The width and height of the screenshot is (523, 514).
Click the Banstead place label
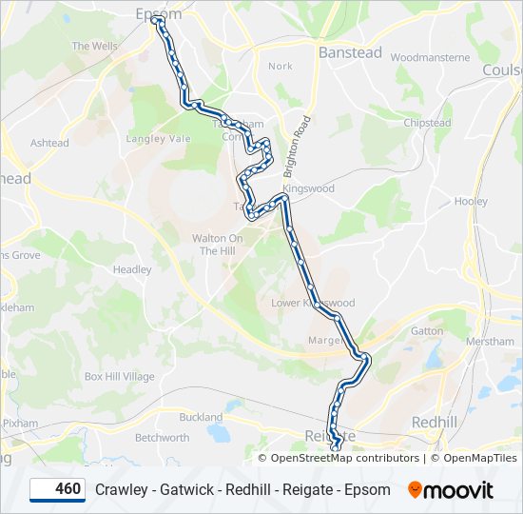point(350,52)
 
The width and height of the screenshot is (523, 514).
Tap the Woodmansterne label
point(430,57)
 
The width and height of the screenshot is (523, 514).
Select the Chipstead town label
point(427,123)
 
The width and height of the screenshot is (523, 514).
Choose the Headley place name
point(132,269)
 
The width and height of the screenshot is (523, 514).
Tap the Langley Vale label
point(159,139)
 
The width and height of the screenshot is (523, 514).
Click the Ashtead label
point(49,144)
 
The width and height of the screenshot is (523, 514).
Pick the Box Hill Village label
point(119,377)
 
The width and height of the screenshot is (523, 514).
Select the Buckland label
point(201,417)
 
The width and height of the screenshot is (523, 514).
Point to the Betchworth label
point(162,438)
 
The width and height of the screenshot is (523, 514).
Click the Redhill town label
point(436,422)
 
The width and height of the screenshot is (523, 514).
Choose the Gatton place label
point(427,331)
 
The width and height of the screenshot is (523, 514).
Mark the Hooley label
point(471,202)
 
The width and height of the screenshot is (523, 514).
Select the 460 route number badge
point(57,489)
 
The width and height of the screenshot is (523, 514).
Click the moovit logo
point(451,489)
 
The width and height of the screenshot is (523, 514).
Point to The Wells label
point(94,46)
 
